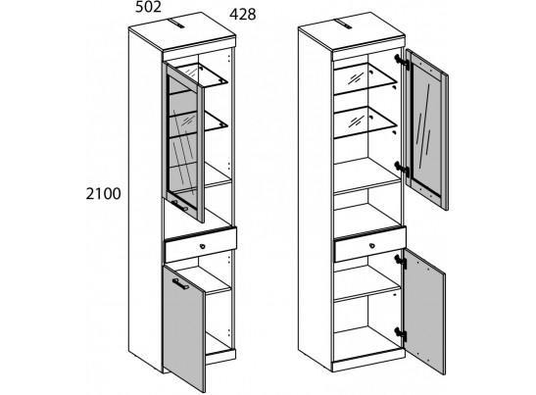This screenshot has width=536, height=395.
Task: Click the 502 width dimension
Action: [x=148, y=7]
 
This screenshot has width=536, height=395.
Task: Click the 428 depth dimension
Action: [x=243, y=15]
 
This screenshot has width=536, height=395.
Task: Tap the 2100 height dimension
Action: [x=103, y=194]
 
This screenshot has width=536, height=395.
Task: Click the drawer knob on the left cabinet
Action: [x=203, y=246]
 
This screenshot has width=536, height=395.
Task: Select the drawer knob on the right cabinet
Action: [x=372, y=246]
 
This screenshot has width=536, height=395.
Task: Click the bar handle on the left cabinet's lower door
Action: [x=180, y=284]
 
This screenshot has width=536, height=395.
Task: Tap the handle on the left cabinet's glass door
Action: [x=180, y=206]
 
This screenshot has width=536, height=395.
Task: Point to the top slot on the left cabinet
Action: [x=176, y=24]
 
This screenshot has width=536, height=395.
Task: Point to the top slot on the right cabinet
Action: [x=345, y=24]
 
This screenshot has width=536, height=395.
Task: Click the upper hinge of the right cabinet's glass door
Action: [x=402, y=62]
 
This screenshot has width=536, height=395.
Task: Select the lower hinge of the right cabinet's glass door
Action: [x=402, y=169]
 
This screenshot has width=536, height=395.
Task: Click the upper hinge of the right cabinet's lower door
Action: [x=401, y=261]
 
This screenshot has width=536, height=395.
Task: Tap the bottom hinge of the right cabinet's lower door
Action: [x=401, y=333]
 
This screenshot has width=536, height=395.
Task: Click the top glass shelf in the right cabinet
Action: [x=365, y=78]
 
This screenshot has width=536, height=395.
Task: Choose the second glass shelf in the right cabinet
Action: [x=365, y=123]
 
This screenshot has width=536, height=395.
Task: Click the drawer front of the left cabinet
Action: [x=201, y=244]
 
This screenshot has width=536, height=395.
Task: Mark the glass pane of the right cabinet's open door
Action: [x=426, y=130]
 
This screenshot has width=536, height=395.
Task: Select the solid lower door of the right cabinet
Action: [x=425, y=312]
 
